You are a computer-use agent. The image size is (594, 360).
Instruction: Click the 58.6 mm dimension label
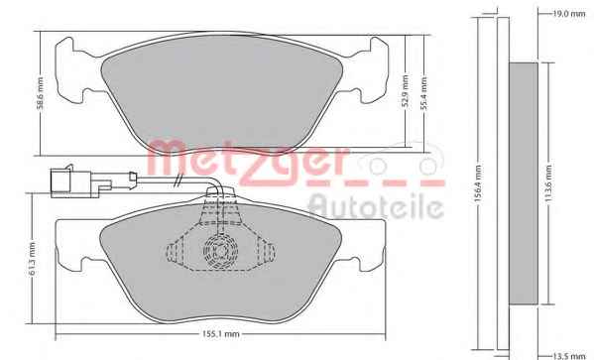point(41,93)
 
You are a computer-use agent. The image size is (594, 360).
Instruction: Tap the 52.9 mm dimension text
point(406,91)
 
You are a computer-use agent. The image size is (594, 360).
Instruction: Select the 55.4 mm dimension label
point(423,93)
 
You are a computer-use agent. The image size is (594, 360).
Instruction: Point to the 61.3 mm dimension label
point(32,259)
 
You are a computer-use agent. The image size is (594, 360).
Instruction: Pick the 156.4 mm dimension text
point(478,184)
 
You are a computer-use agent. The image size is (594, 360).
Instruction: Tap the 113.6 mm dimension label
point(548,183)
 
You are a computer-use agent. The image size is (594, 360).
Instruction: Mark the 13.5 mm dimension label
point(569,356)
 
